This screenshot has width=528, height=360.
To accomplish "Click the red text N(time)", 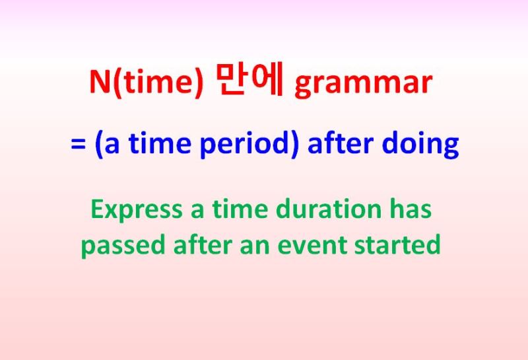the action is click(x=147, y=83).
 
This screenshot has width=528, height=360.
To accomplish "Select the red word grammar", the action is click(x=364, y=85).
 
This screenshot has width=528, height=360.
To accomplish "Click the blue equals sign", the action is click(x=78, y=145).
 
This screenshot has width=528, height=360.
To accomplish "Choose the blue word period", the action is click(x=245, y=145).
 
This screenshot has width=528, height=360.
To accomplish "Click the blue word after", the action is click(x=341, y=143).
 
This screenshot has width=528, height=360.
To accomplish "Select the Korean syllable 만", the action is click(x=230, y=80).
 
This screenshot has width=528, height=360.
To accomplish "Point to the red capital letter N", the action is click(x=100, y=81).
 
